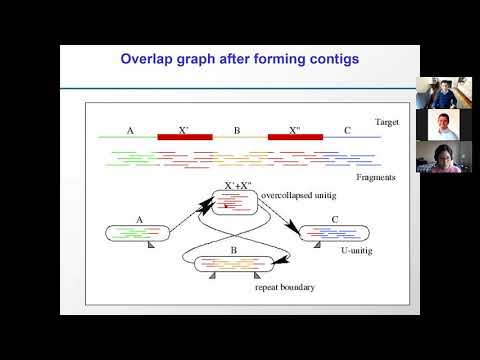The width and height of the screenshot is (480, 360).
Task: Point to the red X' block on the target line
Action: (x=184, y=136)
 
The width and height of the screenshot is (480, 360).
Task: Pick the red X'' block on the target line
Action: (x=295, y=136)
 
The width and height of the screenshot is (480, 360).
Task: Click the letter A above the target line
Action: (x=130, y=130)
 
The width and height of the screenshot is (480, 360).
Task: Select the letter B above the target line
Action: (x=237, y=130)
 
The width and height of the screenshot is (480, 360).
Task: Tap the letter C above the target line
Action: (x=347, y=130)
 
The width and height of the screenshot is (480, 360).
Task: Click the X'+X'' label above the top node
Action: (x=240, y=186)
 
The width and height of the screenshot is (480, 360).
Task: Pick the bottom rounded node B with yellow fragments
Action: (x=236, y=266)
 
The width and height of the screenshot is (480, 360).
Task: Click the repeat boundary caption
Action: (x=286, y=288)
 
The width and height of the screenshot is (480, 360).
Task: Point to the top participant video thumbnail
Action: (x=438, y=93)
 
